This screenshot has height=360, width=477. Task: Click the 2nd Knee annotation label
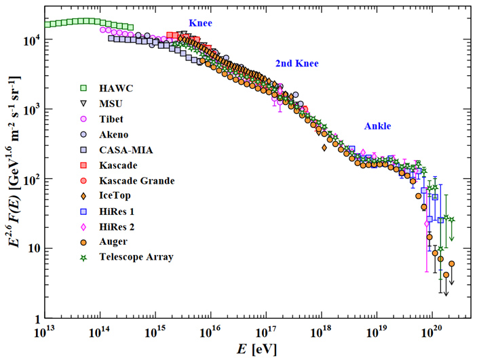point(297,64)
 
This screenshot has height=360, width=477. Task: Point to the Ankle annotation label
point(377,126)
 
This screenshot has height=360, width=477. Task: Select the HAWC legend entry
point(115,87)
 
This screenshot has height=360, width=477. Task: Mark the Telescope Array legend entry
point(134,258)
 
